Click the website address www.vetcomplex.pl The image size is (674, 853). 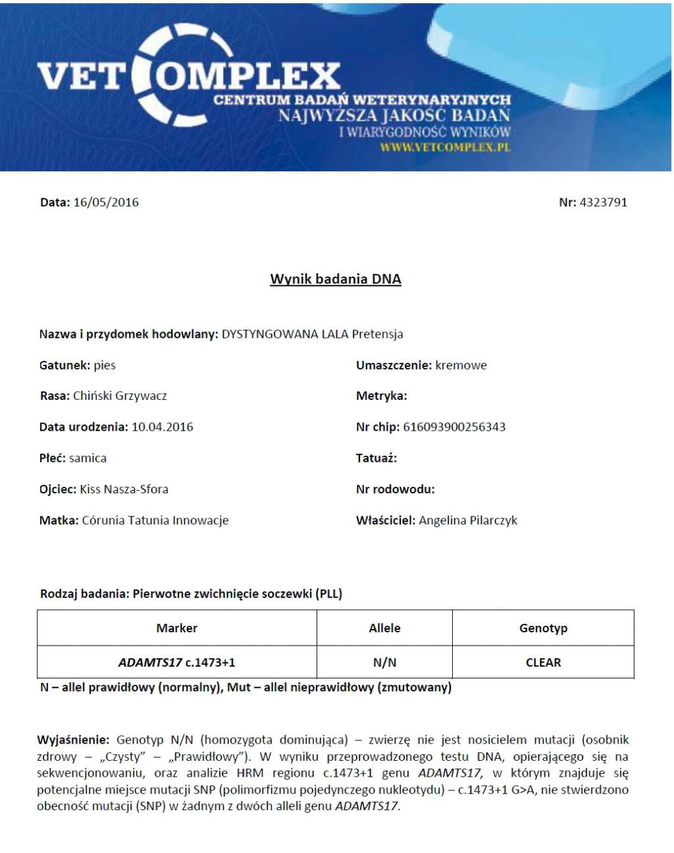(445, 147)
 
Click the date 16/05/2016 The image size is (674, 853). (106, 202)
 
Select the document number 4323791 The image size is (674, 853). (603, 202)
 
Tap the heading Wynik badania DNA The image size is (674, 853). (336, 279)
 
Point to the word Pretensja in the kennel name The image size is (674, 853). (377, 334)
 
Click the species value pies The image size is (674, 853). (105, 365)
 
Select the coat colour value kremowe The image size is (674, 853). (461, 365)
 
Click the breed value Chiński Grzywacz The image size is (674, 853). (120, 396)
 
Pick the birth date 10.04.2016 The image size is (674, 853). (162, 427)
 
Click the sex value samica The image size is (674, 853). (88, 458)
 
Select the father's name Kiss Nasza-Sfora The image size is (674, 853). (124, 489)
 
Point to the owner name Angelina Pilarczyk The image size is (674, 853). (468, 520)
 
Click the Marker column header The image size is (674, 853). (176, 628)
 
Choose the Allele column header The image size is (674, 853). (384, 628)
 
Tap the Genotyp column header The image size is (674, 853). (543, 628)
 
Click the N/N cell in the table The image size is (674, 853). (384, 663)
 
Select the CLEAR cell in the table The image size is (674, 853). (543, 663)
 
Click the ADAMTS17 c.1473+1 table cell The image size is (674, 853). (176, 663)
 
